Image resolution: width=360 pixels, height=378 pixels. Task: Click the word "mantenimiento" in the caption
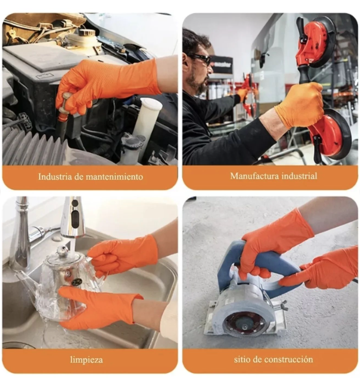click(114, 177)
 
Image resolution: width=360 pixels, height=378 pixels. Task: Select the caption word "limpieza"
click(86, 360)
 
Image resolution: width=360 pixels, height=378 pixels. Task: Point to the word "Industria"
click(55, 177)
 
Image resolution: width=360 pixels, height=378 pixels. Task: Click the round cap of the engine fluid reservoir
click(87, 33)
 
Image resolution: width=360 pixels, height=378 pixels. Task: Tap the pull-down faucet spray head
click(72, 217)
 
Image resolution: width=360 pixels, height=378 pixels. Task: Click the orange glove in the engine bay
click(106, 82)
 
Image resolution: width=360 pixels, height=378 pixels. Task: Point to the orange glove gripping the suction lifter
click(300, 105)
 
